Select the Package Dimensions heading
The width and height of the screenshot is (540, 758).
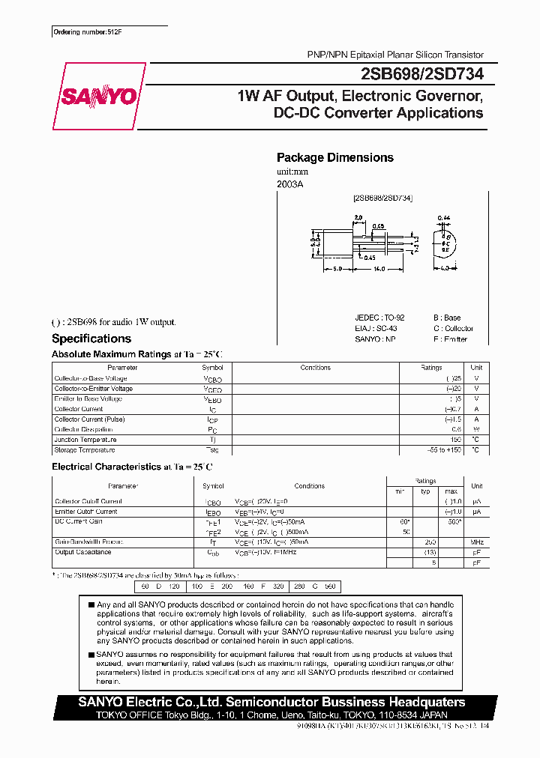pyautogui.click(x=334, y=157)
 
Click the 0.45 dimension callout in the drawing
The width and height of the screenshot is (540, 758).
pyautogui.click(x=370, y=258)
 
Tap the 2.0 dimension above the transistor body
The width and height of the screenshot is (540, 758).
pyautogui.click(x=358, y=217)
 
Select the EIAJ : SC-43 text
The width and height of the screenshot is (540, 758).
pyautogui.click(x=376, y=328)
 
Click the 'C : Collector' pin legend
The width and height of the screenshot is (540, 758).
pyautogui.click(x=453, y=328)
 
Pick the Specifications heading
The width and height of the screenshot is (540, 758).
pyautogui.click(x=91, y=339)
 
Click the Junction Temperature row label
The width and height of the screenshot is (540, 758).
pyautogui.click(x=86, y=440)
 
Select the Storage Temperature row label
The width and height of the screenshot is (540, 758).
pyautogui.click(x=84, y=450)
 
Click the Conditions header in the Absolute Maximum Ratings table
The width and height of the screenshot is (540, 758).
pyautogui.click(x=315, y=368)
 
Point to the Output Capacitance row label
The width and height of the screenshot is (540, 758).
pyautogui.click(x=82, y=552)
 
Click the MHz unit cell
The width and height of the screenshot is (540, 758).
pyautogui.click(x=477, y=542)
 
